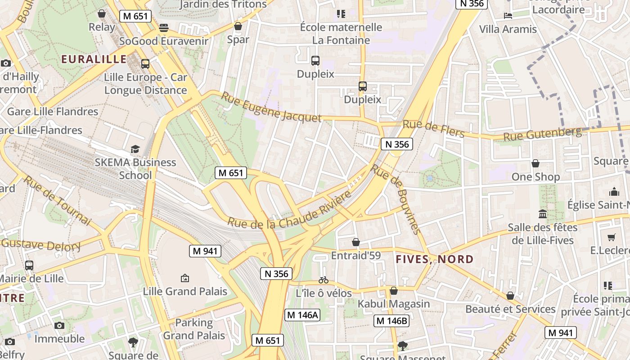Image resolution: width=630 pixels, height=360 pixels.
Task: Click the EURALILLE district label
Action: point(94,59)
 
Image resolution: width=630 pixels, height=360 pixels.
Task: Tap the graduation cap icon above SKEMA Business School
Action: point(135,149)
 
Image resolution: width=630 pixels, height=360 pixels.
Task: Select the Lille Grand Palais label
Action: point(185,291)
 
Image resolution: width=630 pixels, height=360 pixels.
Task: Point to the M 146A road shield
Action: point(302,315)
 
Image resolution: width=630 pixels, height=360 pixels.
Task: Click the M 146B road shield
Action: point(391,321)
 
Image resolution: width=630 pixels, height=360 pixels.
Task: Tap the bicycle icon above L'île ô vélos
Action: point(323,280)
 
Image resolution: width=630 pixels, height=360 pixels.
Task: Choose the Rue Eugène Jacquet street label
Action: point(271,107)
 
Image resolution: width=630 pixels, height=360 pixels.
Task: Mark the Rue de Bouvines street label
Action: point(396,198)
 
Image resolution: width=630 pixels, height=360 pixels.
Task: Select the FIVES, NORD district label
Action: point(435,259)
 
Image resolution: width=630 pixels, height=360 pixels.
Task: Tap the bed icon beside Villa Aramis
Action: point(508,16)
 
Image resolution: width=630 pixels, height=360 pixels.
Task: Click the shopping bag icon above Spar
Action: point(238,26)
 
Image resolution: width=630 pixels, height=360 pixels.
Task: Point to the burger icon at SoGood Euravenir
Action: point(164,28)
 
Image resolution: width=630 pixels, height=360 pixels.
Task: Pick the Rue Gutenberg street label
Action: point(542,134)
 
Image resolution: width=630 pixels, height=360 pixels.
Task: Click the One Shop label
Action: point(535,177)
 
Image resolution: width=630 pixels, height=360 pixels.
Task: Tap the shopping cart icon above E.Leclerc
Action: point(611,237)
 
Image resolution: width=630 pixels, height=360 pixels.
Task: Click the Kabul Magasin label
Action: point(394,304)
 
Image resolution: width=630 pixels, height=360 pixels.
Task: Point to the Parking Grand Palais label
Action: point(194,329)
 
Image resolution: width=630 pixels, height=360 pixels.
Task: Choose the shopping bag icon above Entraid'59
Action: point(356,243)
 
